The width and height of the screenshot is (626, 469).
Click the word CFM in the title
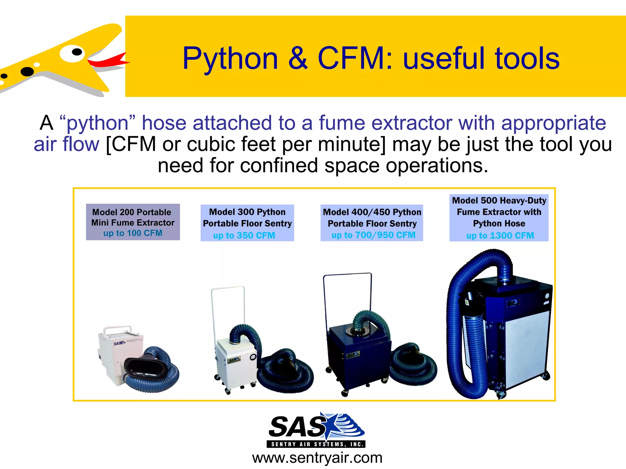[x=352, y=59]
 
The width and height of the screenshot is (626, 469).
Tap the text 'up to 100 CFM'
[x=133, y=233]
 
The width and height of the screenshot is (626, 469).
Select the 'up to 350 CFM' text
[x=244, y=235]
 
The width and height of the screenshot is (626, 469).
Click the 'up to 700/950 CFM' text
[x=373, y=235]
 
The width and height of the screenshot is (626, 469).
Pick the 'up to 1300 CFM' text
[x=500, y=235]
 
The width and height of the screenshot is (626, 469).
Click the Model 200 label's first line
[x=132, y=212]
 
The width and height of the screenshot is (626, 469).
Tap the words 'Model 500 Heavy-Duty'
[x=499, y=201]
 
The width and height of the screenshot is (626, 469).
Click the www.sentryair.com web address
[x=317, y=458]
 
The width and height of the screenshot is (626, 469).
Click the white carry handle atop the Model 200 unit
[x=118, y=329]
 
